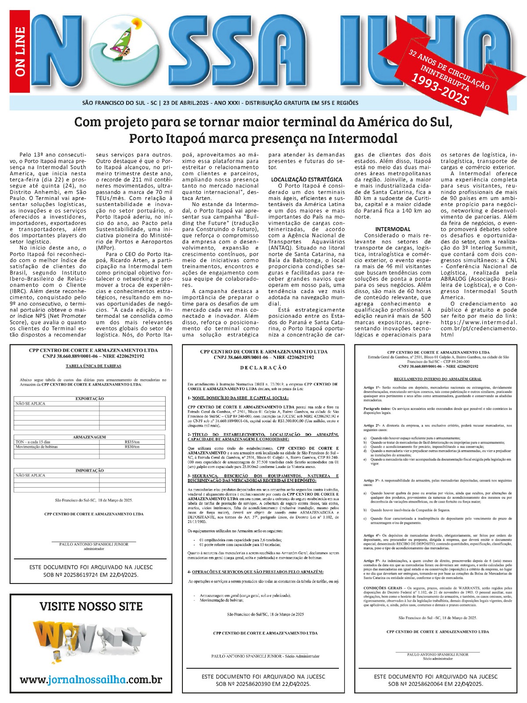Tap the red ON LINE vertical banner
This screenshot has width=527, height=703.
(20, 51)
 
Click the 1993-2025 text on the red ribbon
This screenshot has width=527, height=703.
(440, 90)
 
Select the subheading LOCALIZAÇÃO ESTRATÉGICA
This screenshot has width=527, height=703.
(306, 179)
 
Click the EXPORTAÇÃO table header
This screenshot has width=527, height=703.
(90, 399)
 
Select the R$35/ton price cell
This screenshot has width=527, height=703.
(132, 442)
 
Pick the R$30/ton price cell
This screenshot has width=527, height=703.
(132, 447)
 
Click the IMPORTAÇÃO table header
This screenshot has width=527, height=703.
(90, 471)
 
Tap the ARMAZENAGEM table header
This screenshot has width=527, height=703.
(90, 437)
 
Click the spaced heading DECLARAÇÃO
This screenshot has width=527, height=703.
(263, 367)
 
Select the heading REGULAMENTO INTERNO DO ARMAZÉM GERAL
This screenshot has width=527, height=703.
(437, 379)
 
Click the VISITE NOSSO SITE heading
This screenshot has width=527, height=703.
(91, 606)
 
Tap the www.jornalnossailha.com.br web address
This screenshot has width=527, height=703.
(91, 680)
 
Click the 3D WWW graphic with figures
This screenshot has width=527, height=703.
(88, 641)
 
